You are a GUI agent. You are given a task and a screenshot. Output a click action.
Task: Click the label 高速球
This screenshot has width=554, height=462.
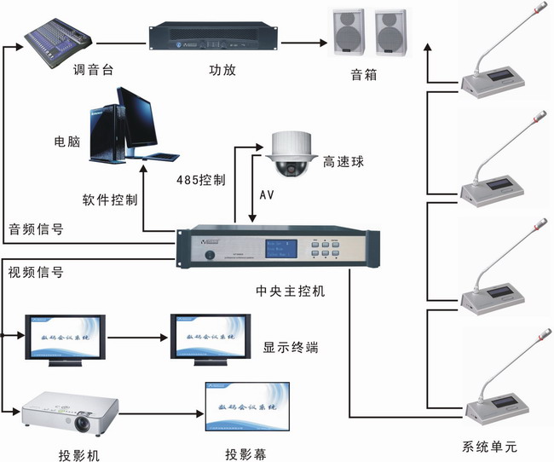(343, 159)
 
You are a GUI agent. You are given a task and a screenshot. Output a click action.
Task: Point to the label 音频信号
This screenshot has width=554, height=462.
(36, 229)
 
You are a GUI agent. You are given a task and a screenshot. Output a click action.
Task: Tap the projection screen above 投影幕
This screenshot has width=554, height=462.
(244, 407)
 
